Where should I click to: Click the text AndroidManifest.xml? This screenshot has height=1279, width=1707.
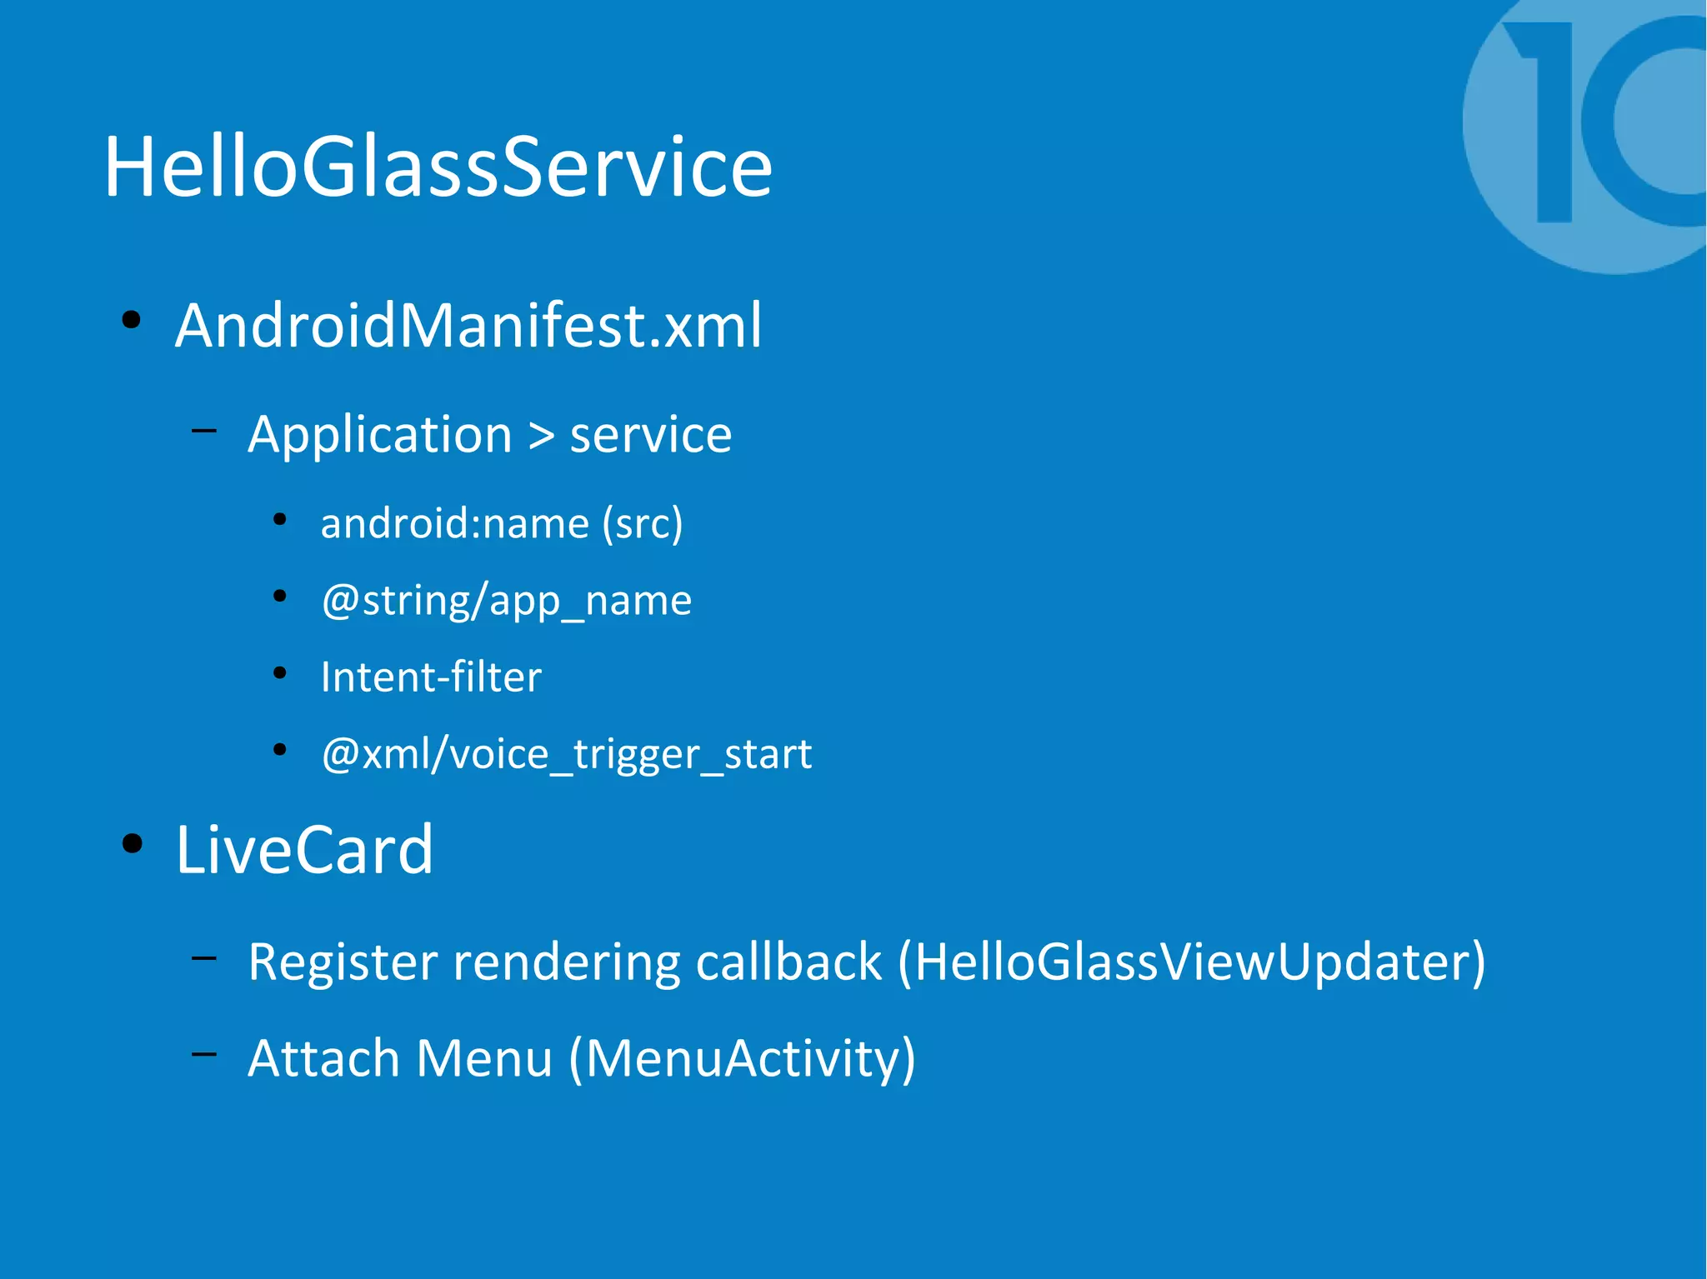(x=468, y=325)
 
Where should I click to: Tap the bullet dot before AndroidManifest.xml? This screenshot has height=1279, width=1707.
(x=131, y=320)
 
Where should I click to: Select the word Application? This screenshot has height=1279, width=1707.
(x=380, y=435)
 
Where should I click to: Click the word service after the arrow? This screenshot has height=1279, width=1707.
(x=650, y=435)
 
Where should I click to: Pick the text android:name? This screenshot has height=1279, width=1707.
(x=454, y=523)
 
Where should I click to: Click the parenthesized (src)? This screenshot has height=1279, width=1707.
(x=643, y=523)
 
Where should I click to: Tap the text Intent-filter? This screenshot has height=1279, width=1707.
(x=431, y=677)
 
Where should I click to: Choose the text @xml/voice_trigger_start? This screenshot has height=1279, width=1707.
(x=566, y=755)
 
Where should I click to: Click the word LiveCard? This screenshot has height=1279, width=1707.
(x=304, y=850)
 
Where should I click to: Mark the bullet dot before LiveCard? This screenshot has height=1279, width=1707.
(x=132, y=844)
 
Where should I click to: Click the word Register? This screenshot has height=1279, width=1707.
(x=343, y=962)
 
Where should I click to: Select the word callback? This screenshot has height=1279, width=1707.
(x=788, y=962)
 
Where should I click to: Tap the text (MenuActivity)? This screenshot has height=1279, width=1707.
(x=742, y=1059)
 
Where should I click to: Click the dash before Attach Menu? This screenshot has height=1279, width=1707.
(x=203, y=1054)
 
